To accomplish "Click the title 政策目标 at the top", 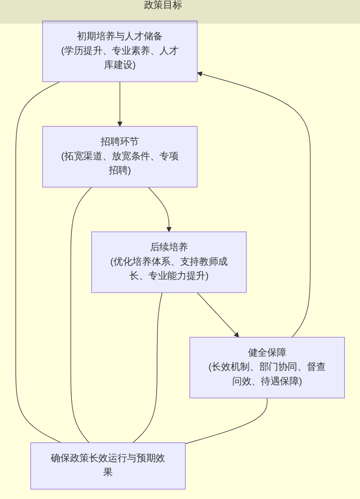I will click(163, 5).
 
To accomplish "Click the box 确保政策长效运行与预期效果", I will click(108, 465).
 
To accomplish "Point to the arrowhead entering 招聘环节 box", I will click(120, 124).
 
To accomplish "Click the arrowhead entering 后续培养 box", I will click(169, 229).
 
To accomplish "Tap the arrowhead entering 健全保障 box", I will click(236, 335).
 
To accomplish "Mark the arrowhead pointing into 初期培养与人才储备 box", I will click(200, 74).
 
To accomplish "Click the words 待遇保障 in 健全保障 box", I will click(280, 381).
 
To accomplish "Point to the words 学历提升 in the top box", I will click(83, 51).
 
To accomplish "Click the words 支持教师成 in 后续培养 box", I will click(204, 261).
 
